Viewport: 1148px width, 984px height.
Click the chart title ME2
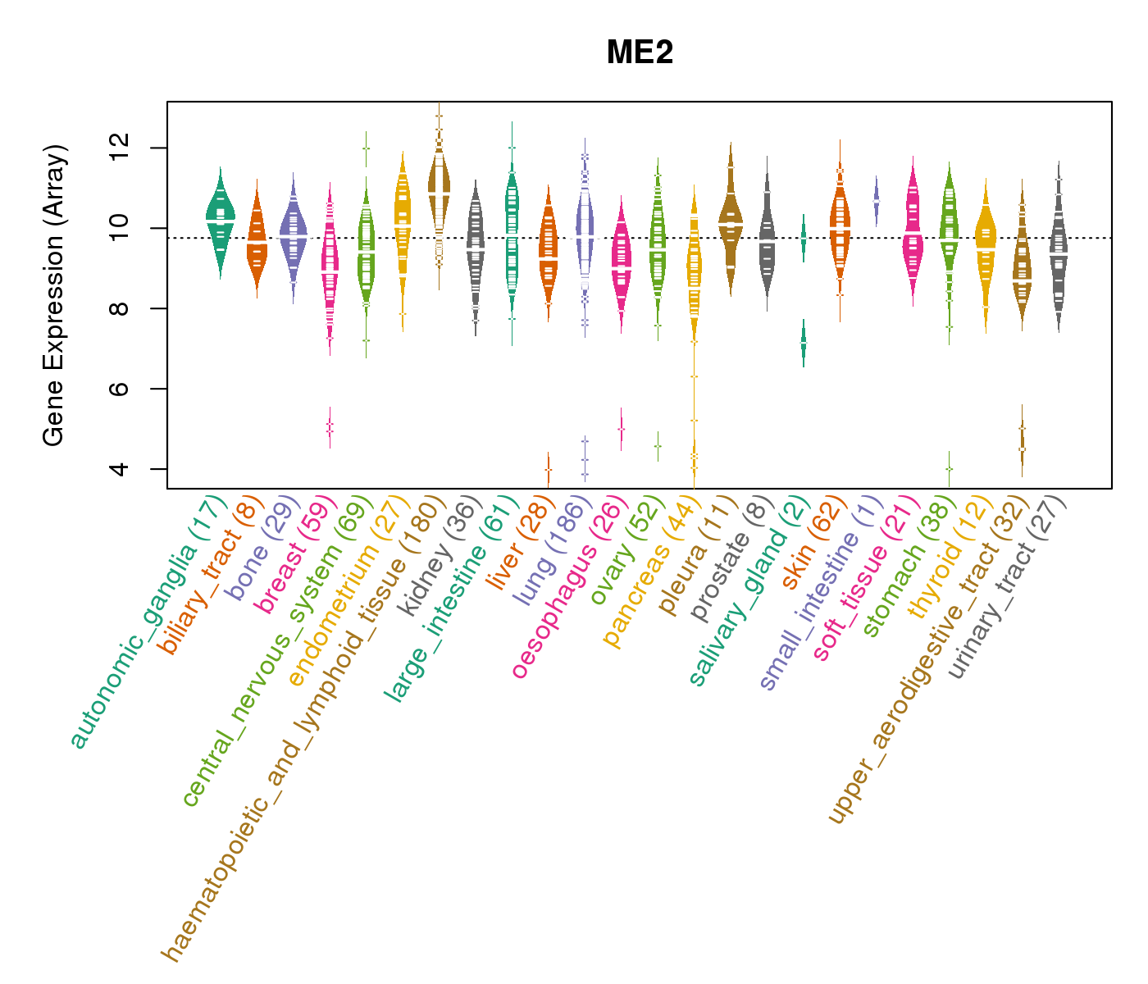coord(640,53)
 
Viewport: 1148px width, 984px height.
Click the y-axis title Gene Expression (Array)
coord(53,295)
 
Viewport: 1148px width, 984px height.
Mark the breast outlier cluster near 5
coord(330,427)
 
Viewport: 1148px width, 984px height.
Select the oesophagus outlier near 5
coord(622,429)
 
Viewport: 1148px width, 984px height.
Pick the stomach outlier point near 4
coord(949,468)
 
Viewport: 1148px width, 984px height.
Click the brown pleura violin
coord(731,221)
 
